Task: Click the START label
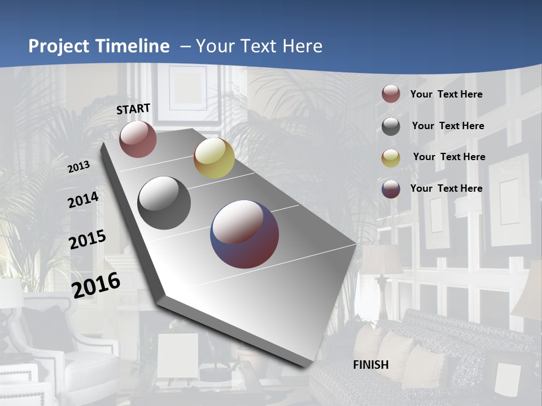pos(133,109)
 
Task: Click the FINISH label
pos(371,364)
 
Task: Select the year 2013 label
pos(79,166)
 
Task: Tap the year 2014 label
pos(83,200)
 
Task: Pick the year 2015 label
pos(88,239)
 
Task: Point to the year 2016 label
pos(97,285)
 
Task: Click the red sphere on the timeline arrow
pos(138,139)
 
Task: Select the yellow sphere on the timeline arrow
pos(214,158)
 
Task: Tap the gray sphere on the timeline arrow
pos(164,203)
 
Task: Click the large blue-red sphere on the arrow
pos(244,234)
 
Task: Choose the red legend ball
pos(391,94)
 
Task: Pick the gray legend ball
pos(391,126)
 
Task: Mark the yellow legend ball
pos(391,157)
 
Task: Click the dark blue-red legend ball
pos(391,189)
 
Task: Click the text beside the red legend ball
pos(446,94)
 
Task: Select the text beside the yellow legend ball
pos(449,157)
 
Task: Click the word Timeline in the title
pos(133,46)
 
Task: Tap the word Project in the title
pos(60,46)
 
